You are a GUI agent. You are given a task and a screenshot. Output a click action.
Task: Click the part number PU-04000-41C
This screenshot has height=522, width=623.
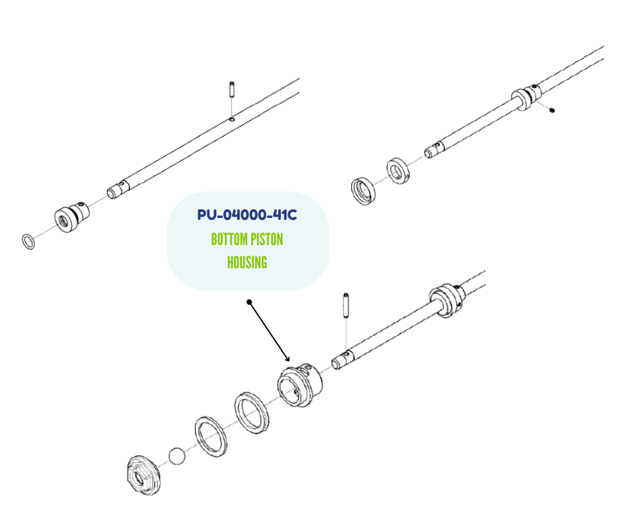(247, 215)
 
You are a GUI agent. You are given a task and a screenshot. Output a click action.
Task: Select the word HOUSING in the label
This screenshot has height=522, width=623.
(247, 262)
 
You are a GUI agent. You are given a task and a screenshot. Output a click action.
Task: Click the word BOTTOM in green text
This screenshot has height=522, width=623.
(229, 240)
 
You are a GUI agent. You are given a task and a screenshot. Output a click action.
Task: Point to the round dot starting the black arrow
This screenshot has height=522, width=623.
(249, 302)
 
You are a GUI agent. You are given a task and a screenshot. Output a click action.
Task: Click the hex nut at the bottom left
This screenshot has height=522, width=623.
(143, 476)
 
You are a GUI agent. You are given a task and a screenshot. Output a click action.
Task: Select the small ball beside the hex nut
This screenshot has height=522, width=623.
(177, 456)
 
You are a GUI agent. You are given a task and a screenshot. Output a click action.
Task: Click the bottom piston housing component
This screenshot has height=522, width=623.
(300, 385)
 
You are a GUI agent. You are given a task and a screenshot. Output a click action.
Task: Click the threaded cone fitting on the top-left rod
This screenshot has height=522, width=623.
(72, 217)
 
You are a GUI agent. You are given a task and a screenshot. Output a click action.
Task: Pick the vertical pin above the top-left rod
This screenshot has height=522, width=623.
(232, 90)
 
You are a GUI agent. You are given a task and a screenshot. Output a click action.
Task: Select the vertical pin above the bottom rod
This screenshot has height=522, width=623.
(346, 305)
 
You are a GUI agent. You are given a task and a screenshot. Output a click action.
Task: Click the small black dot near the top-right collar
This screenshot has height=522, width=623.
(551, 111)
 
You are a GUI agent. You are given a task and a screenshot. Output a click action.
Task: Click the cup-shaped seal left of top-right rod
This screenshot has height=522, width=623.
(363, 191)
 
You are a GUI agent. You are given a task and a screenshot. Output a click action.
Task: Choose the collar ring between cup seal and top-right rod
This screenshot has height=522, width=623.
(398, 171)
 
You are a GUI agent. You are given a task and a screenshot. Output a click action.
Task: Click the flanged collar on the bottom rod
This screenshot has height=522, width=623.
(447, 300)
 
